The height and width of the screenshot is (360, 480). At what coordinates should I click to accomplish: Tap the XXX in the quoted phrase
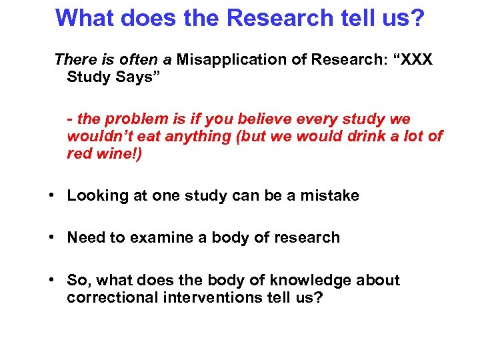coord(416,60)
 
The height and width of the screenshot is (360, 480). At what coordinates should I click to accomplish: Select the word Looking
coord(95,196)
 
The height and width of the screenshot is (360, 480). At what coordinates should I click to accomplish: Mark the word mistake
coord(329,196)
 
